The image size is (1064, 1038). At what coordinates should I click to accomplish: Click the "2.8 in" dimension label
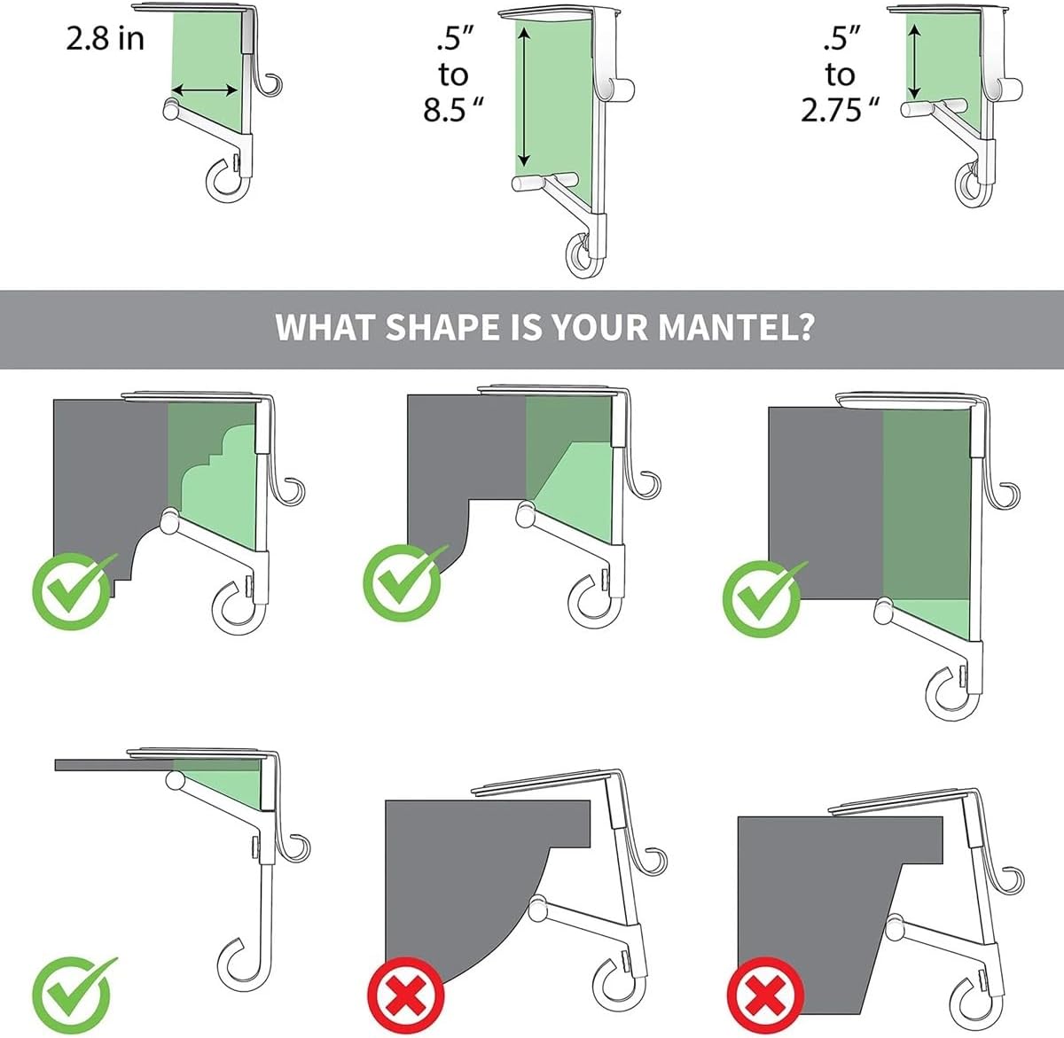coord(105,38)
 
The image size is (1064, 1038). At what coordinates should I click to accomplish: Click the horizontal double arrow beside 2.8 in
coord(205,90)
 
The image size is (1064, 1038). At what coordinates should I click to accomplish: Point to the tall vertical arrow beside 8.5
coord(524,97)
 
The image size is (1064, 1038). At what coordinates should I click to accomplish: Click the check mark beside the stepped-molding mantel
coord(74,591)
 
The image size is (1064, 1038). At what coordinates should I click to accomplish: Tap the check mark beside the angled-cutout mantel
coord(405,582)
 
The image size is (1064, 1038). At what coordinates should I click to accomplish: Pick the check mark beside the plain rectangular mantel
coord(764,599)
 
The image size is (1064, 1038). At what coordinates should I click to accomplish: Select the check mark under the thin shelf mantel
coord(74,995)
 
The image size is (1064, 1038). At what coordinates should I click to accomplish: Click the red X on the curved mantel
coord(405,995)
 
